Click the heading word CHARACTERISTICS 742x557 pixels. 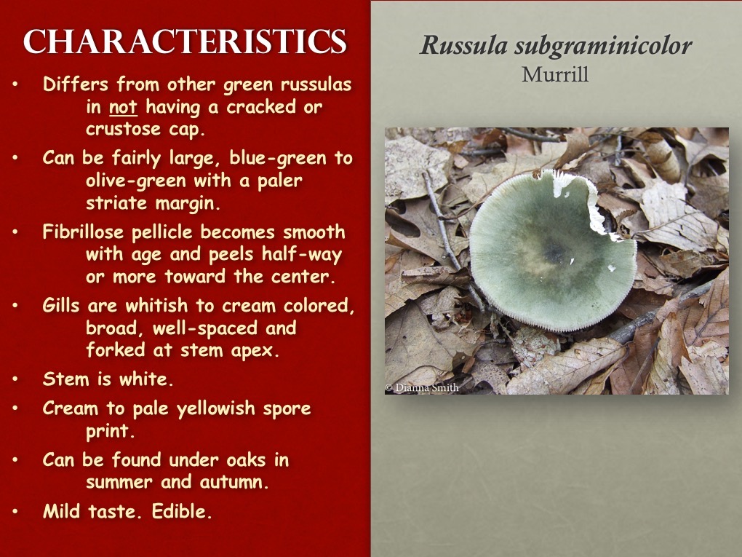185,42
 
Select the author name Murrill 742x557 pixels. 555,74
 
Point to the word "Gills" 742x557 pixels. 63,307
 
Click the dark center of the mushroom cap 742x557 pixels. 557,252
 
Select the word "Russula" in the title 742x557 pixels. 463,47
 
